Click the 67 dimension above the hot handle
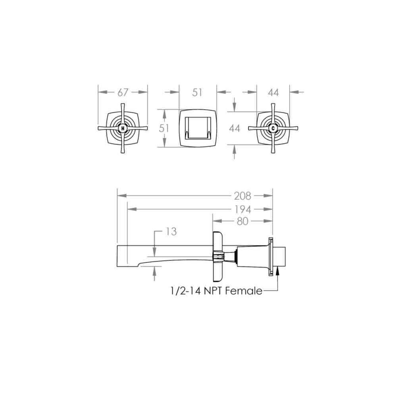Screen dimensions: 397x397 pos(123,93)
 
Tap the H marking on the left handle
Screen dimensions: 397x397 pos(123,128)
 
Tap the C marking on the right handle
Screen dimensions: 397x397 pos(273,128)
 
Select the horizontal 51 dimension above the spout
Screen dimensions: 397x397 pos(197,93)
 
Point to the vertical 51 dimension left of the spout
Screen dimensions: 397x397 pos(164,128)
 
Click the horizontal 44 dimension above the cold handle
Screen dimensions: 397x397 pos(274,93)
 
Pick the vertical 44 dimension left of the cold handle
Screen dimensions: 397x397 pos(235,128)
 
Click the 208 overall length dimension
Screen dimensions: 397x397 pos(243,196)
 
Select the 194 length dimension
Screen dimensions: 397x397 pos(243,209)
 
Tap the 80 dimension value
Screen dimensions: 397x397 pos(243,221)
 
